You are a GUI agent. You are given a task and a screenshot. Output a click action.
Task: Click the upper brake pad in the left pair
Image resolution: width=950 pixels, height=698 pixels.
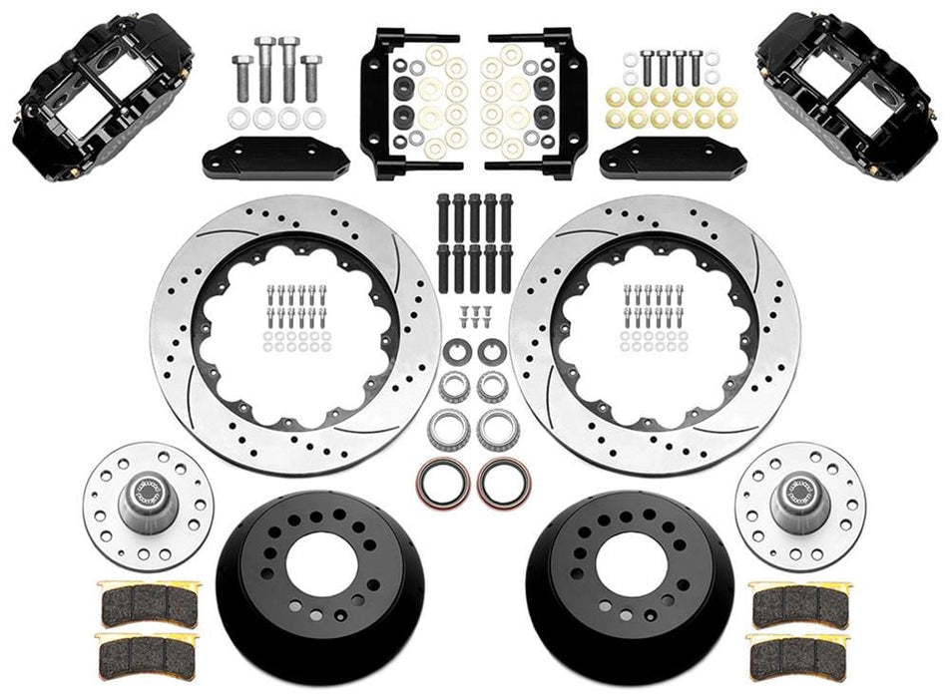click(147, 601)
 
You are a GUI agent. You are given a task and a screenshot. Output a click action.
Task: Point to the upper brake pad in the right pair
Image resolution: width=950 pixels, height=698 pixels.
click(799, 600)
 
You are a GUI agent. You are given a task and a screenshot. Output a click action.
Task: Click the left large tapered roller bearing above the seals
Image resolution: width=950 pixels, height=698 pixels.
click(450, 430)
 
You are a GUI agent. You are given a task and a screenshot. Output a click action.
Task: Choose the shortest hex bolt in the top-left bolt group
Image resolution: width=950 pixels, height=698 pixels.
click(241, 77)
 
